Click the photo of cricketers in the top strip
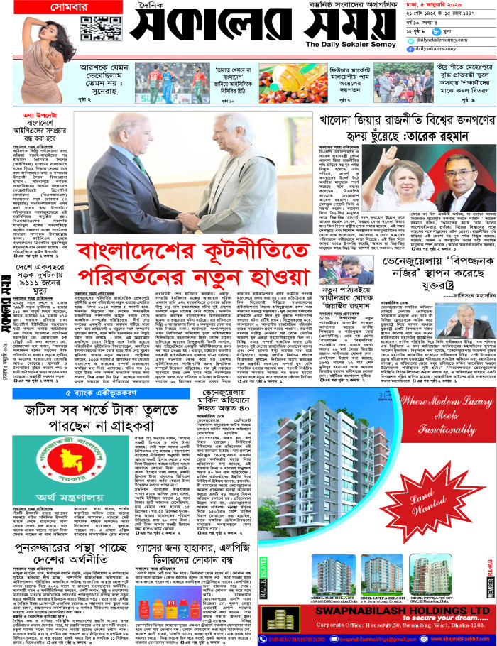point(185,77)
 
